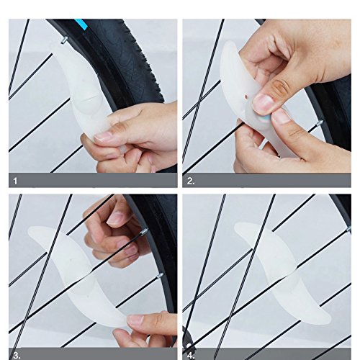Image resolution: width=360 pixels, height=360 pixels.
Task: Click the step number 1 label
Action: coord(15,181)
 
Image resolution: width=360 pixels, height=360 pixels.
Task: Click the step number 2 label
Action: coord(191,181)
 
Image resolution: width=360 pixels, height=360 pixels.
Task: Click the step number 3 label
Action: coord(17,356)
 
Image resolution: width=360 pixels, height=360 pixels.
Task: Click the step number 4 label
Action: coord(191,356)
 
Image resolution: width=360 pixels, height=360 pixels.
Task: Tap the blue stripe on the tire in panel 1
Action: coord(80,24)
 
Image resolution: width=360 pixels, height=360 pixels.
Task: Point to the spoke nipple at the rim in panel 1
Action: coord(64,40)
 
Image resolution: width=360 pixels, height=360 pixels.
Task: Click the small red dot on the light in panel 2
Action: coord(246,96)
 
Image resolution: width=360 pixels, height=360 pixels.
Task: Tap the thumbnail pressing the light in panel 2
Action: coord(264,104)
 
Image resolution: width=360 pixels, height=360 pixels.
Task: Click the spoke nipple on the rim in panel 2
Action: coord(320,123)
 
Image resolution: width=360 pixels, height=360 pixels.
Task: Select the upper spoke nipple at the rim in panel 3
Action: coord(143,232)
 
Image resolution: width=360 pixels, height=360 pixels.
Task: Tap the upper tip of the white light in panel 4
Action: coord(236,226)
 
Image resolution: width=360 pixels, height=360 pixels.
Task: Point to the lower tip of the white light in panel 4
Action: coord(329,318)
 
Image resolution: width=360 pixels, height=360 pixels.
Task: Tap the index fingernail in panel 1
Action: coord(103,137)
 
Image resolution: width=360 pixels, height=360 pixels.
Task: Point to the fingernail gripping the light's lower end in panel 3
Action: coord(135,320)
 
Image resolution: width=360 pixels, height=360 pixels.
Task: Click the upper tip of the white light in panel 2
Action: coord(228,44)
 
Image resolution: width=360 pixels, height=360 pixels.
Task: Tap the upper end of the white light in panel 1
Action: coord(55,48)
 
